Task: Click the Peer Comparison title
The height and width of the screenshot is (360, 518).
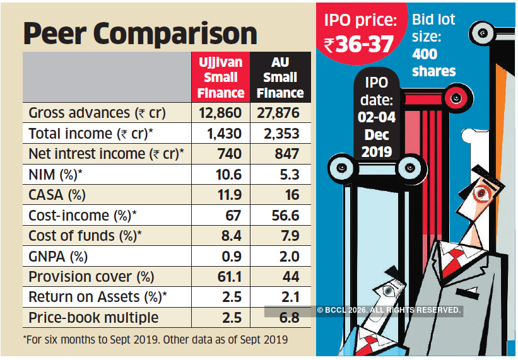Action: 140,33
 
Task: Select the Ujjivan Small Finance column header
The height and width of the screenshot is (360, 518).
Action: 221,78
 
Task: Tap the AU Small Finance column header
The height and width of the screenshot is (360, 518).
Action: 280,78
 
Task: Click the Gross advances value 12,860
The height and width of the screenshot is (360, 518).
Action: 220,113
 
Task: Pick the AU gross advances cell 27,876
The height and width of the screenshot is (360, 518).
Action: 279,113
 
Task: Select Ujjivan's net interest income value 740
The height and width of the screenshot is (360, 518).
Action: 228,154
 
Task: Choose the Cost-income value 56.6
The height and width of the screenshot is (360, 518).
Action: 283,216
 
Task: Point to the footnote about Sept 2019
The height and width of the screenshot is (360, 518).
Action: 155,339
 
